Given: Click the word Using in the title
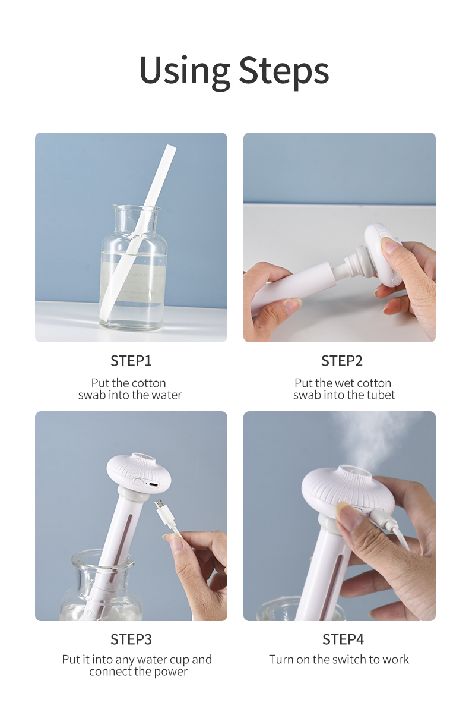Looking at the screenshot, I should point(185,71).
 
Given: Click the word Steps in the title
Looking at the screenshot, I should point(283,71).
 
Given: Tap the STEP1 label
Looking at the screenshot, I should point(131,361).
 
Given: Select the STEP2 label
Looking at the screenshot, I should point(342,361).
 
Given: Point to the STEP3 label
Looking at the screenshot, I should point(131,639).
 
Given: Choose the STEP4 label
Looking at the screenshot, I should point(343,639).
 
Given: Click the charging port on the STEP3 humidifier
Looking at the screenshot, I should point(153,484).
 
